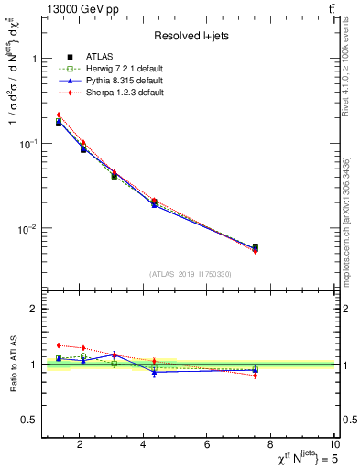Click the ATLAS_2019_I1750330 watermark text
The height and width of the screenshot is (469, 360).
click(191, 274)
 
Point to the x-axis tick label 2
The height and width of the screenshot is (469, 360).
click(80, 444)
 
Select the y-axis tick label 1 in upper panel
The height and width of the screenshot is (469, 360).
click(34, 59)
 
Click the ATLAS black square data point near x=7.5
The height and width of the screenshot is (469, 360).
click(255, 247)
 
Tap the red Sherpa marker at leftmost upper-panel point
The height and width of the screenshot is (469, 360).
click(59, 115)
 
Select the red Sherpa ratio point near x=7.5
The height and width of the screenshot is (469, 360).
click(255, 376)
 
